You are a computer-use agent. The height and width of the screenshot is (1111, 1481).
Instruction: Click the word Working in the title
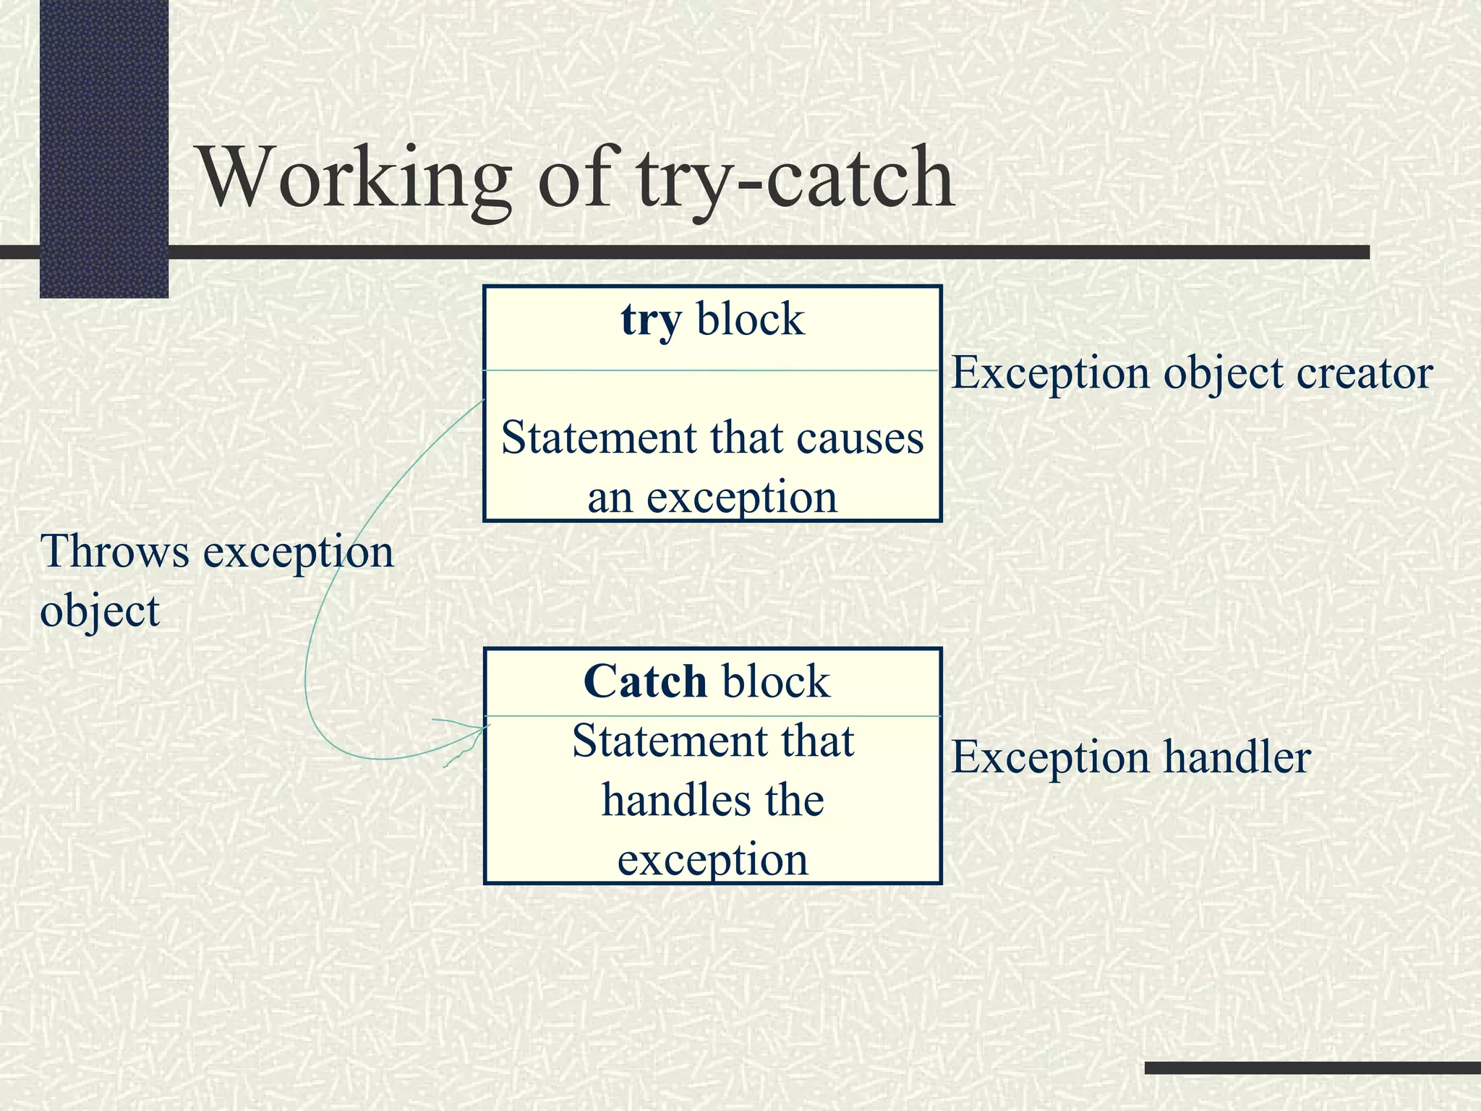(355, 177)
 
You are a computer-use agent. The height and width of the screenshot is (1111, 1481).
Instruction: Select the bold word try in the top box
(651, 320)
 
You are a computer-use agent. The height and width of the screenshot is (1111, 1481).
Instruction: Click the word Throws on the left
(115, 551)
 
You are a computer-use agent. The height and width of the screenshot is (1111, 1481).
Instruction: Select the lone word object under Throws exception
(100, 611)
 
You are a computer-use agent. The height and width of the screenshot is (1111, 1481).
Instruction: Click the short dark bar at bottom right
(1313, 1068)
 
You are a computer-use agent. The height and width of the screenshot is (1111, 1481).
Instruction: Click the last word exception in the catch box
(712, 860)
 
